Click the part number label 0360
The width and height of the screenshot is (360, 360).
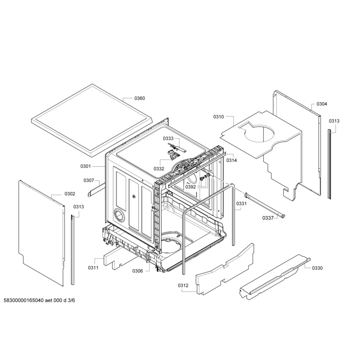[x=140, y=98]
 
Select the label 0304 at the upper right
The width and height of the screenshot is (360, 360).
[x=322, y=104]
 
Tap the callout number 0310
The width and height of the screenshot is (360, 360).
[x=218, y=117]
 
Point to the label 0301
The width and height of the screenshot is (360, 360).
[x=85, y=166]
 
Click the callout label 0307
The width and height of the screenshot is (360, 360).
[x=89, y=180]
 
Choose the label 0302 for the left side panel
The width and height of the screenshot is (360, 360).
[x=70, y=194]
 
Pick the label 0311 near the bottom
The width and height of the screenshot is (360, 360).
[x=93, y=268]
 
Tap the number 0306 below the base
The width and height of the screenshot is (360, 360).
[x=137, y=271]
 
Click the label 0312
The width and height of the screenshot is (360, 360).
[x=183, y=285]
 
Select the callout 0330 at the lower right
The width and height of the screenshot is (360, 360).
[x=317, y=268]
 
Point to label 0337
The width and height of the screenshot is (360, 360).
[x=268, y=218]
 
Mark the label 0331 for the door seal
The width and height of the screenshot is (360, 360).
[x=241, y=204]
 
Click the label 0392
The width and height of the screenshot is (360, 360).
[x=191, y=187]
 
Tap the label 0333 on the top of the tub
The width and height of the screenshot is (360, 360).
[x=168, y=139]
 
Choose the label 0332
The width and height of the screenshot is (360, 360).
[x=159, y=169]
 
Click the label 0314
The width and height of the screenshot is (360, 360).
[x=231, y=160]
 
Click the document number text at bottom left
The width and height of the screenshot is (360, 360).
[x=39, y=301]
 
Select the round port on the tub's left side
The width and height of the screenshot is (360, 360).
[x=119, y=215]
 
